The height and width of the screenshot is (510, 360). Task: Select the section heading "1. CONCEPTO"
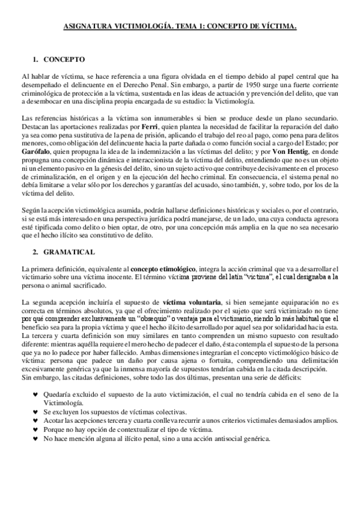(59, 60)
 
